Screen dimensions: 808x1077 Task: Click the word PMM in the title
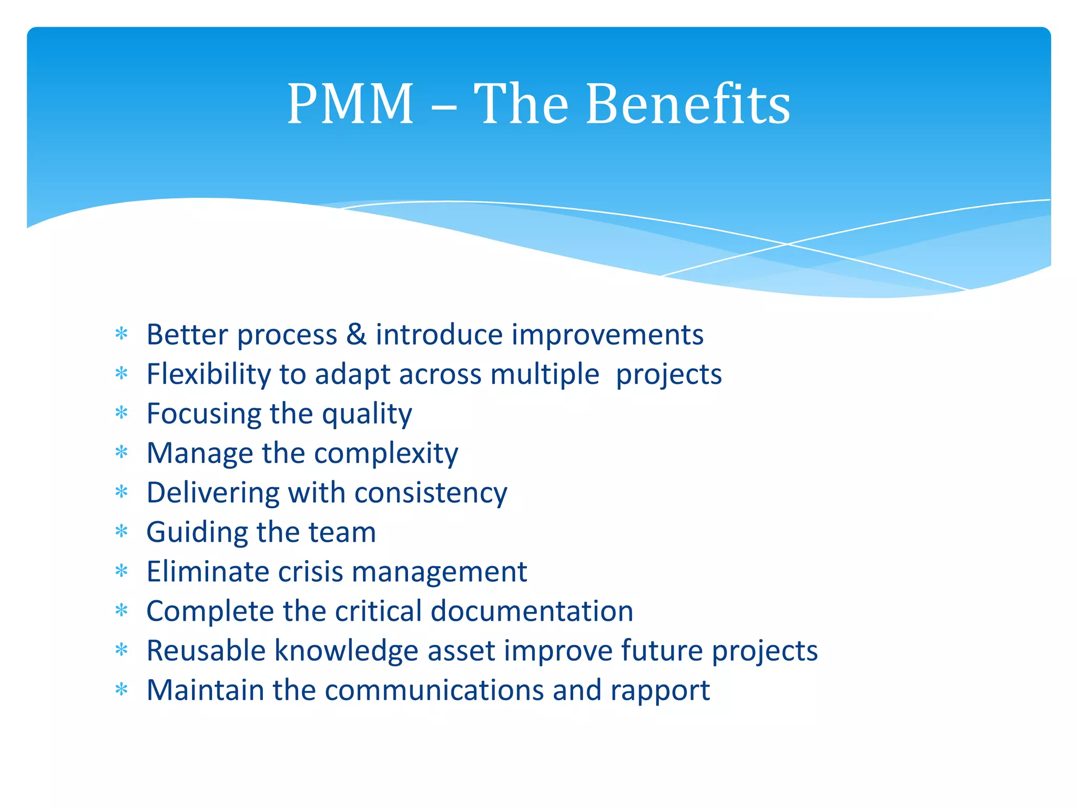point(350,104)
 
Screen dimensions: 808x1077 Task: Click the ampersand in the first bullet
point(357,335)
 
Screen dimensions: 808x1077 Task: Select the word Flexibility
point(208,375)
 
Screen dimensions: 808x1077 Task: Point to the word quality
point(367,415)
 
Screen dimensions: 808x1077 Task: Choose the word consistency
point(431,493)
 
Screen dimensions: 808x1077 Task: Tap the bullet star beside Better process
point(121,334)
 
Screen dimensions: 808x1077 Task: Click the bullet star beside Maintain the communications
point(121,690)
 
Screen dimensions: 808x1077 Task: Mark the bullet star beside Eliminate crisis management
point(121,571)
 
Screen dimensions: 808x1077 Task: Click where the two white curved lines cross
point(787,244)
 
